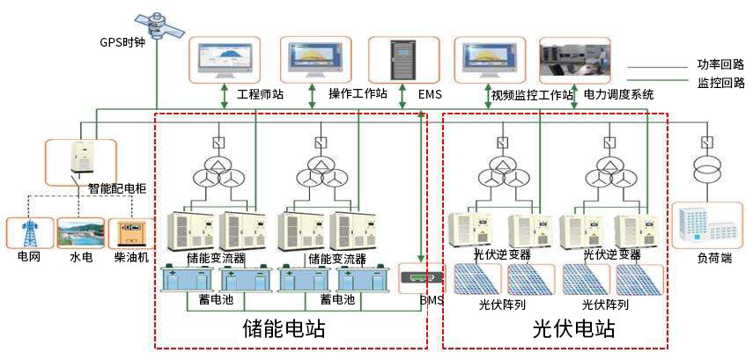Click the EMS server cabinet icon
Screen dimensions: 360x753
point(402,59)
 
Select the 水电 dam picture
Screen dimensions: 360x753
point(80,233)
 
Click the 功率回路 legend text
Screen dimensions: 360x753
point(720,64)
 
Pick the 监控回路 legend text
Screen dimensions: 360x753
point(720,84)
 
